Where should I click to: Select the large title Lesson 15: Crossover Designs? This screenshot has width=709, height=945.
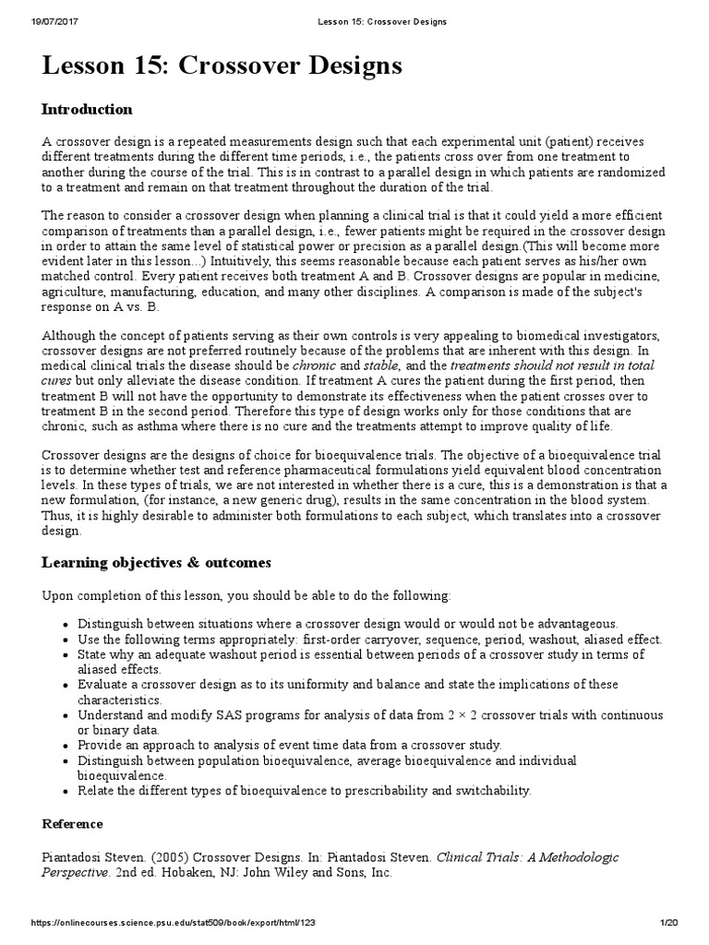[x=222, y=66]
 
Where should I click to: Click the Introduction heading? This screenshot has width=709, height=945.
[x=87, y=109]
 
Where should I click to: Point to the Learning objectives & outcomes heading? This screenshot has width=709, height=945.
[x=156, y=561]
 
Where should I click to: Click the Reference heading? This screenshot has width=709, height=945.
[x=72, y=823]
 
